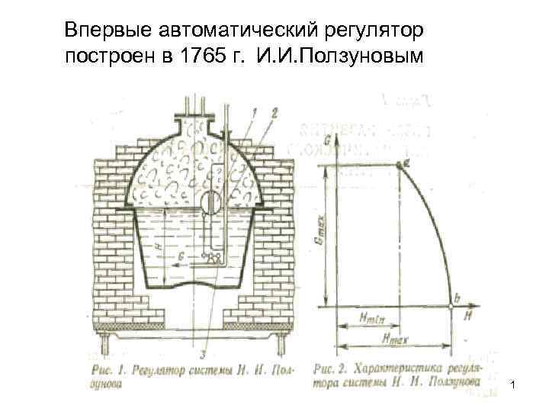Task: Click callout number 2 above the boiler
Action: pos(274,112)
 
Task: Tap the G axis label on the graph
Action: pos(326,140)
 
